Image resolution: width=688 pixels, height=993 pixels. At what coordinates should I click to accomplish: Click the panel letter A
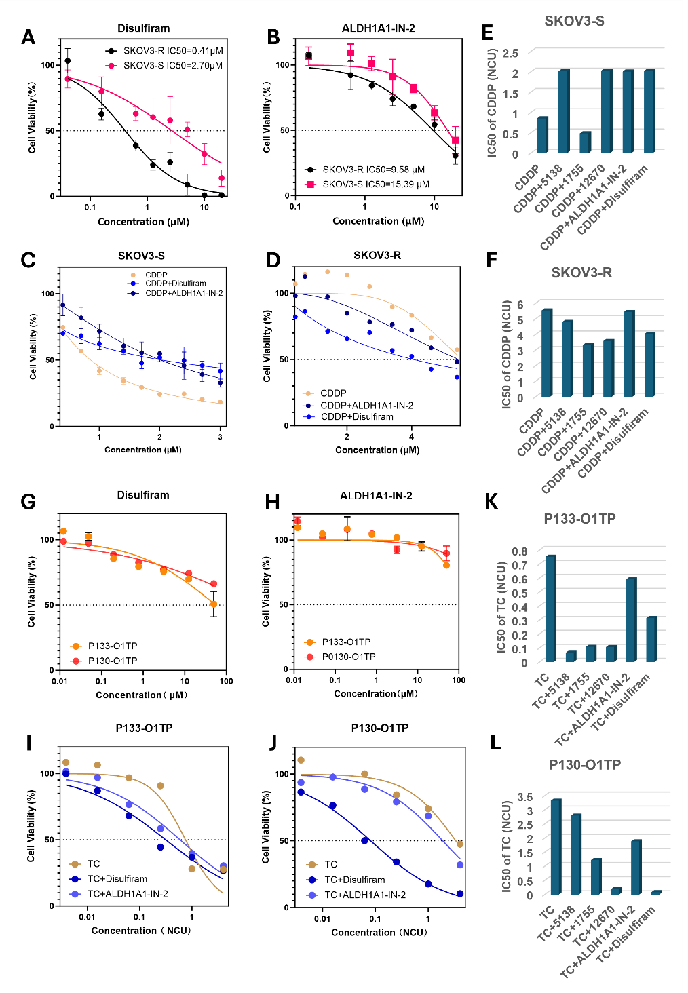28,37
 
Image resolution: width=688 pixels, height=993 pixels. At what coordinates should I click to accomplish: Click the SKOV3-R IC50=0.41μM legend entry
164,51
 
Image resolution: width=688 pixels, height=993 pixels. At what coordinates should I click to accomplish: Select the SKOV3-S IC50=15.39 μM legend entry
367,184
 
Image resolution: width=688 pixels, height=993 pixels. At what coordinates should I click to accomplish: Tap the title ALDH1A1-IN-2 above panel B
379,28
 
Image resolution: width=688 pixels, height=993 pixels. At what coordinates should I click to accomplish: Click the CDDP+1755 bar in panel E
586,142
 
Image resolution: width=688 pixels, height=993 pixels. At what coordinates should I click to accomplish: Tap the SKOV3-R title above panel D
377,255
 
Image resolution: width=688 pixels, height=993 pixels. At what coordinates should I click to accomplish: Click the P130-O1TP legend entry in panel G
104,661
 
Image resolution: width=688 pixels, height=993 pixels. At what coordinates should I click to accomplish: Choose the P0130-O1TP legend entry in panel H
340,657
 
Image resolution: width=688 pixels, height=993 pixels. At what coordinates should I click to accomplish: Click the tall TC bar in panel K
550,608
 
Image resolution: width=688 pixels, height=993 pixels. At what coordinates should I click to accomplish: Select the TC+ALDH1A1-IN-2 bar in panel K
631,620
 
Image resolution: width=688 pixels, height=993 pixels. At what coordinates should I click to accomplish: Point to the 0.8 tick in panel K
520,551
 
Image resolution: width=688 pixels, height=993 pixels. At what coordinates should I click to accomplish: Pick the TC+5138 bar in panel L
576,854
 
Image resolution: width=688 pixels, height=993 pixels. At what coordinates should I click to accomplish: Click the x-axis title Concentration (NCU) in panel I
141,931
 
